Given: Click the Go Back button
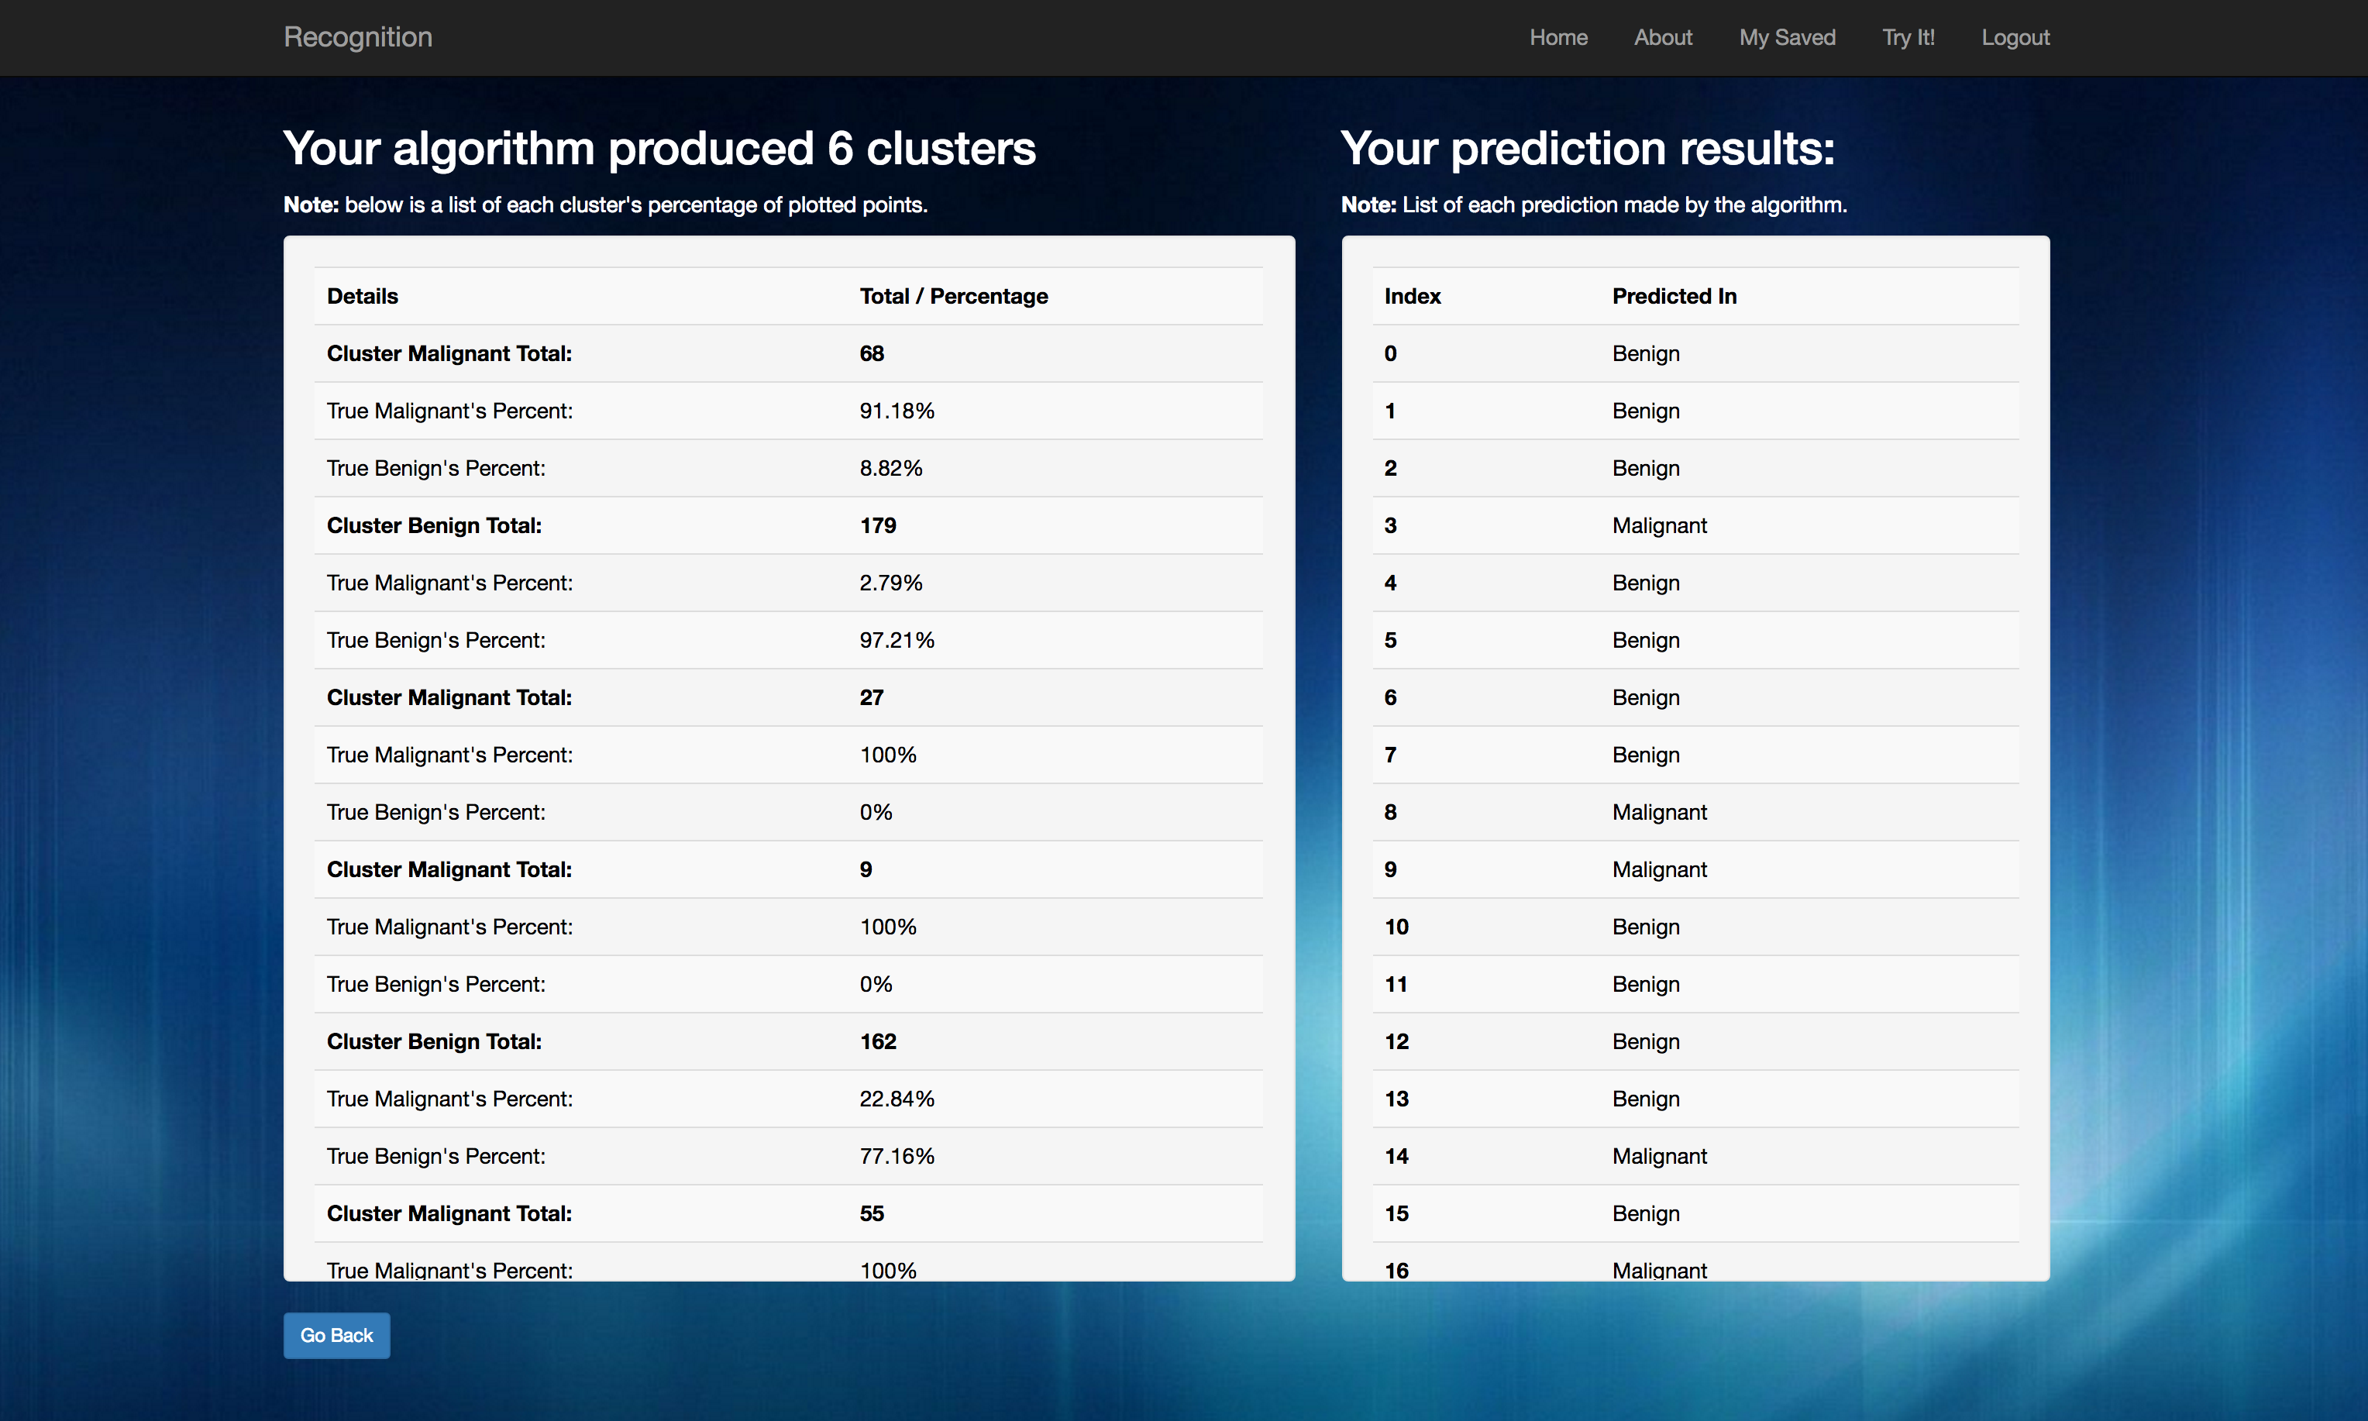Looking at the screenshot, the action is (336, 1335).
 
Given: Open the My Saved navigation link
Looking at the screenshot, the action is (1787, 37).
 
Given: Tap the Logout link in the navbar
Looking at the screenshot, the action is (2015, 37).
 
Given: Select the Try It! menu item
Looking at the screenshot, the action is (1909, 37).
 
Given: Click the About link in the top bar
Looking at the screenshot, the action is (1663, 37).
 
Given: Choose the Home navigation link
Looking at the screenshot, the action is (1558, 37).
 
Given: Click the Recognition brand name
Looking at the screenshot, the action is (358, 37).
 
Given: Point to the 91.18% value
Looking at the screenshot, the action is (897, 411).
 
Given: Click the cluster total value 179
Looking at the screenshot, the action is (877, 525).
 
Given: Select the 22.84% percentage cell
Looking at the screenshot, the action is (897, 1099).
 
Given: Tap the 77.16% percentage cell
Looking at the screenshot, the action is (897, 1157).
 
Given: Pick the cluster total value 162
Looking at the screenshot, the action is (877, 1042).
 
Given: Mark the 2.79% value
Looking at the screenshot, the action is (890, 583).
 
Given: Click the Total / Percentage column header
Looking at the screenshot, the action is (954, 297).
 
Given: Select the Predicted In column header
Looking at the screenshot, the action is (1674, 297).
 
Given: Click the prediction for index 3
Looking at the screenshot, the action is (1660, 525).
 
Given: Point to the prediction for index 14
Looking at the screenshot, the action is (1660, 1157).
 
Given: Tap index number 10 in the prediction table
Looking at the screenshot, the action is (1396, 927).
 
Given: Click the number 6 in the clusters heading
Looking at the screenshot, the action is (840, 149).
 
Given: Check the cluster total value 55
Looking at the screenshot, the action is (872, 1214).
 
